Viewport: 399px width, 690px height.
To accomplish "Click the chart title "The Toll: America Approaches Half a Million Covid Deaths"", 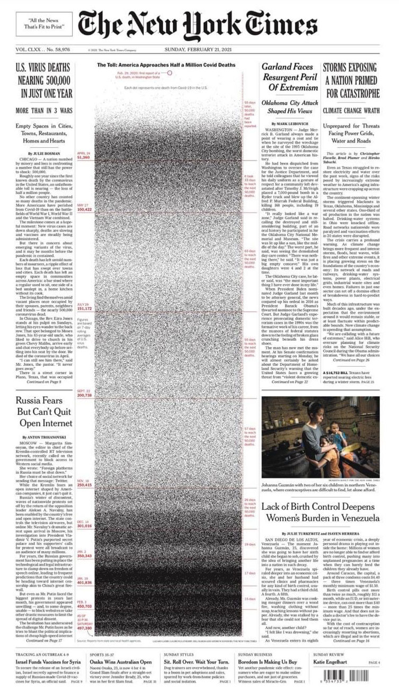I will tap(166, 65).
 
